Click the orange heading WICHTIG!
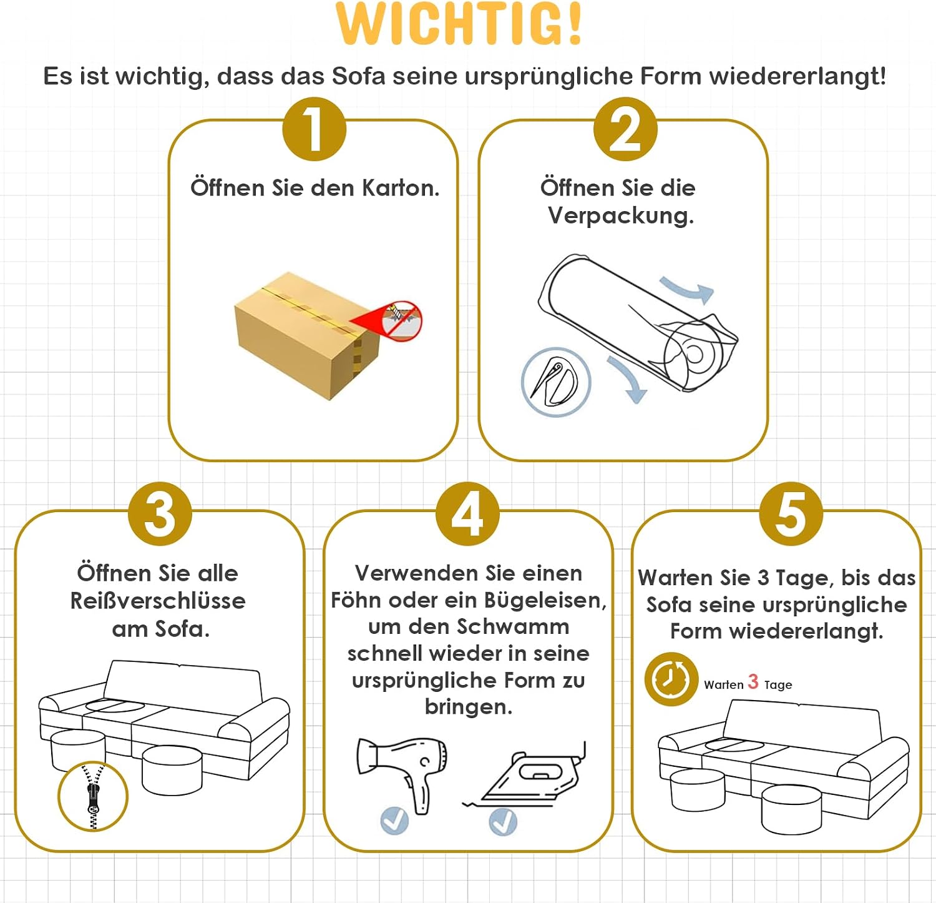tap(459, 24)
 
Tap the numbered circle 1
tap(314, 129)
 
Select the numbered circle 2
tap(625, 129)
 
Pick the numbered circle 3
tap(160, 514)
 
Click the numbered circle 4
tap(467, 514)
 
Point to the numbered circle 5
tap(791, 514)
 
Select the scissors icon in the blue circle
tap(556, 382)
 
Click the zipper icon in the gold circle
tap(93, 796)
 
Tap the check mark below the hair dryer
tap(394, 821)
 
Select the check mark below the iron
tap(503, 821)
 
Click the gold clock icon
tap(671, 679)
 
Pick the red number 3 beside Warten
tap(753, 681)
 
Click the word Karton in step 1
tap(401, 187)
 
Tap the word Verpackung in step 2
tap(621, 215)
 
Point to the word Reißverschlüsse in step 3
tap(158, 601)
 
